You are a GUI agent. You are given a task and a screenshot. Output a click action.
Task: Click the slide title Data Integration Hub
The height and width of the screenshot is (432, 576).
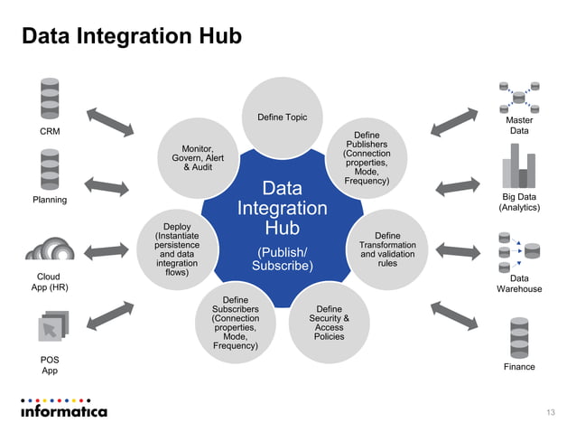131,37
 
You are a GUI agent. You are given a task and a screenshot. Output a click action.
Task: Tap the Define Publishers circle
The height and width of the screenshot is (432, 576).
367,159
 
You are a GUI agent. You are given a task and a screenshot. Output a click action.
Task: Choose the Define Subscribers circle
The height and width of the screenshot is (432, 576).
235,322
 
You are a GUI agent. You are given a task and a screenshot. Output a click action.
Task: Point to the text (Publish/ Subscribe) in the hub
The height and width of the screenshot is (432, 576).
282,259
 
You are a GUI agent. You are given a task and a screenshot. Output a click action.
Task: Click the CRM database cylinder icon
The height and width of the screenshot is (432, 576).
49,99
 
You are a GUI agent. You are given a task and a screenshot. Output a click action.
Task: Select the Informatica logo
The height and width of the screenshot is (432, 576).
63,409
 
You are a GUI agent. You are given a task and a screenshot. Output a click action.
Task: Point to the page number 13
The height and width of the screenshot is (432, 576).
551,413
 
